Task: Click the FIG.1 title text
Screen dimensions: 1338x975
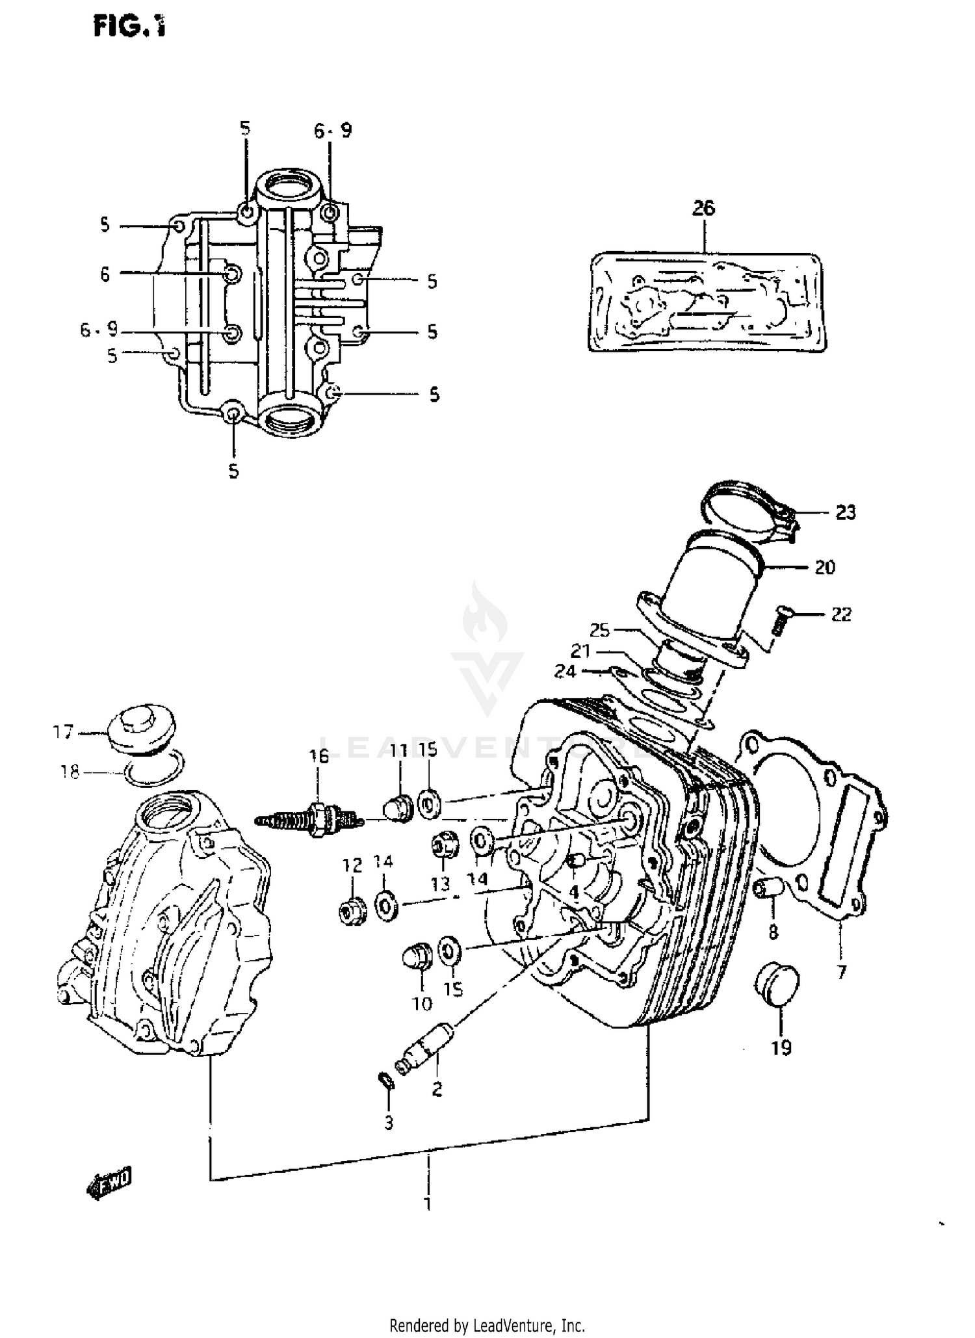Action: point(129,27)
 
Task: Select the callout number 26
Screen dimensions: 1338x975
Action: point(703,208)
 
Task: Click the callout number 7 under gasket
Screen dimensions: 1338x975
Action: point(841,972)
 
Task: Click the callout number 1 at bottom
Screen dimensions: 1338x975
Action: point(427,1204)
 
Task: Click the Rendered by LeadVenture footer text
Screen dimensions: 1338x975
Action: point(487,1324)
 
